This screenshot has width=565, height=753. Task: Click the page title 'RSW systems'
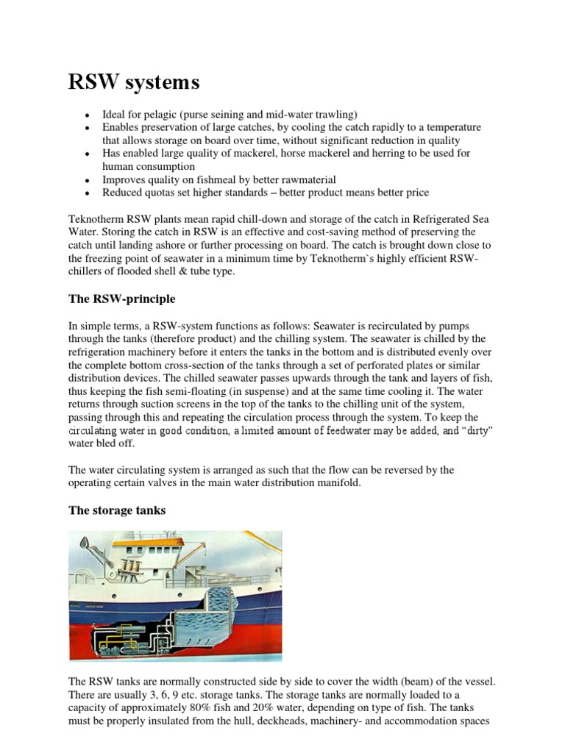pyautogui.click(x=134, y=82)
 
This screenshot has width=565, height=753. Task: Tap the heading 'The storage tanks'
pyautogui.click(x=119, y=511)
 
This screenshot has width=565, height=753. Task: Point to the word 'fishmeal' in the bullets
pyautogui.click(x=200, y=179)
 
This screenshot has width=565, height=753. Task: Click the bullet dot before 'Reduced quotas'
pyautogui.click(x=88, y=193)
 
